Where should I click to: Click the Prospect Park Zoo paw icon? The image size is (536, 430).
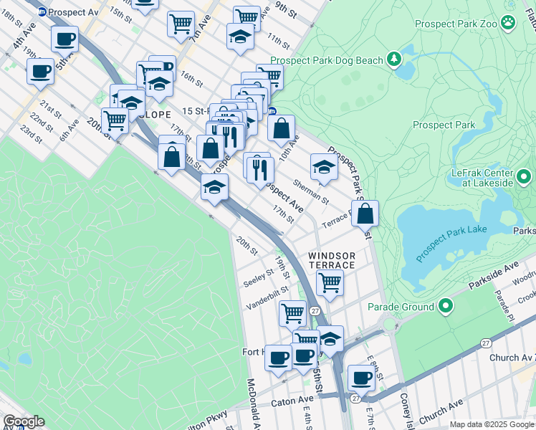508,23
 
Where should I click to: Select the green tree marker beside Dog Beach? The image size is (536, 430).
393,58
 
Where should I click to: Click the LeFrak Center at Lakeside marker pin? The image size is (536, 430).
523,176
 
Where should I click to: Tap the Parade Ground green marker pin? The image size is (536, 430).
446,307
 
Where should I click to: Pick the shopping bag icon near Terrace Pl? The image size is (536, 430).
365,213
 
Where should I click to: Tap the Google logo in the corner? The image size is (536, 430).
24,421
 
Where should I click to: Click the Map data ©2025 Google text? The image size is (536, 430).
492,424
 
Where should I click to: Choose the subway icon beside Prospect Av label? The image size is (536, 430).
42,11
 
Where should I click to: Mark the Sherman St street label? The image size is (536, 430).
310,191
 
